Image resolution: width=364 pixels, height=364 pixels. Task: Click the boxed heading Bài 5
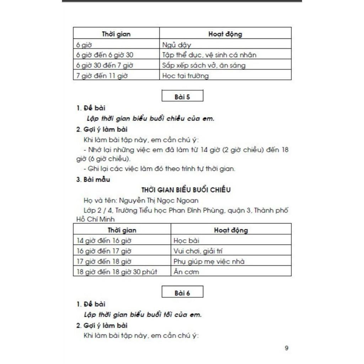point(182,97)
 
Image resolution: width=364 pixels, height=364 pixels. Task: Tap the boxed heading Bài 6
point(182,293)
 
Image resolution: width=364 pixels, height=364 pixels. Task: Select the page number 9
point(287,348)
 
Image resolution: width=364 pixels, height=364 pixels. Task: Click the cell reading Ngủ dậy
point(177,45)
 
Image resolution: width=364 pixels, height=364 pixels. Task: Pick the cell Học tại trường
point(185,75)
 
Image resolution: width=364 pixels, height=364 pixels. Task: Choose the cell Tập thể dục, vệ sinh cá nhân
point(209,55)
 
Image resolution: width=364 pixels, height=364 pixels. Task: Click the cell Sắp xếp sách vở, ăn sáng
point(204,65)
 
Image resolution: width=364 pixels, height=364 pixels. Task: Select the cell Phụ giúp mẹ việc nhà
point(209,262)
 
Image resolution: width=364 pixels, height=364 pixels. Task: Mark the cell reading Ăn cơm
point(186,272)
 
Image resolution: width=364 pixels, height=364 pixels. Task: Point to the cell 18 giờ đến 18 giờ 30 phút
point(117,272)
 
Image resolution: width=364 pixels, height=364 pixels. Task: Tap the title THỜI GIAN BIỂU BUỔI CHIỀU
point(186,190)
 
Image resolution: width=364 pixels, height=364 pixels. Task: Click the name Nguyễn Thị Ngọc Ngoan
point(159,200)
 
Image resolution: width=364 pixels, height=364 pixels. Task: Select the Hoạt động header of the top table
point(225,34)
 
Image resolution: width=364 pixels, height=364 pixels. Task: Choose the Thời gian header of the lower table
point(122,230)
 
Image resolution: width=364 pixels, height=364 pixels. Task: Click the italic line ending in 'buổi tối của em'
point(143,315)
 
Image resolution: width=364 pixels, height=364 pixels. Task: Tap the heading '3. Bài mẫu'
point(93,180)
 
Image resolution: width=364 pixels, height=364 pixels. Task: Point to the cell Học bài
point(187,241)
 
